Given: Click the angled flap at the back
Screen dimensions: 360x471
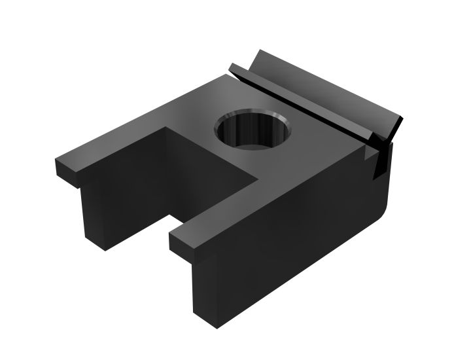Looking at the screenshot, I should click(x=327, y=88).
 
